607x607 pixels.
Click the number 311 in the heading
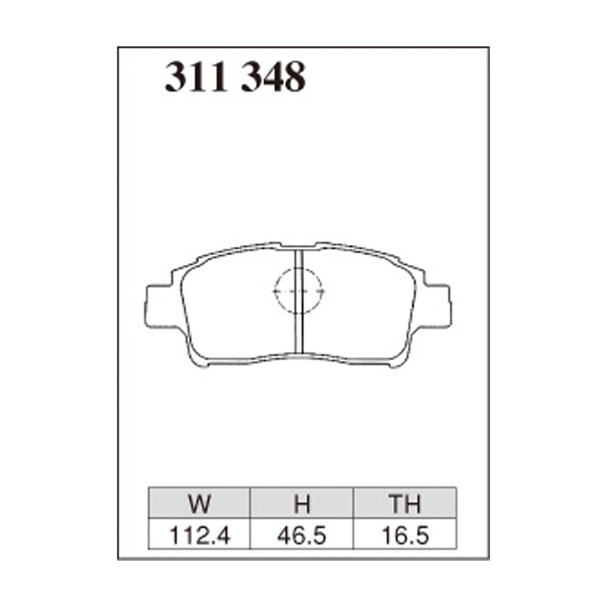[x=197, y=77]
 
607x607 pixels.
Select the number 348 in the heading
[x=273, y=77]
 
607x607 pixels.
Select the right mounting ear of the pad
[x=439, y=306]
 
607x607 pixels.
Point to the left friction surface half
[x=235, y=303]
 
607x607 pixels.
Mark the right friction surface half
[x=360, y=303]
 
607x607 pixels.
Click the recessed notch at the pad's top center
[x=299, y=246]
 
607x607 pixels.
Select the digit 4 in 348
[x=273, y=77]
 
